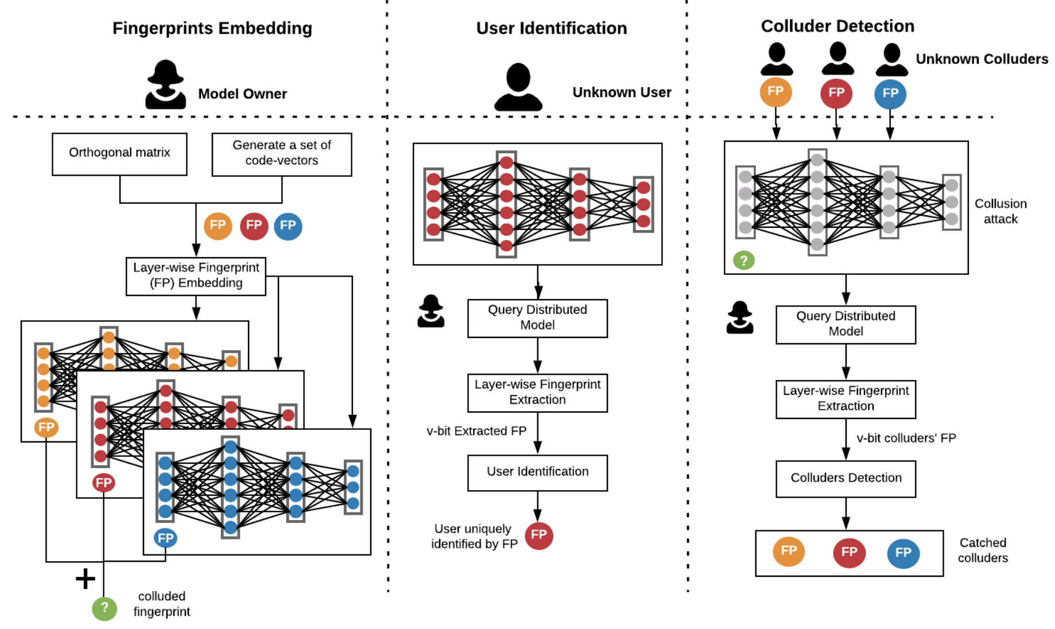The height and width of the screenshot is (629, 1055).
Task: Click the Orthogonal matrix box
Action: click(119, 154)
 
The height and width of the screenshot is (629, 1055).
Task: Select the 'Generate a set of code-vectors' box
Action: click(282, 154)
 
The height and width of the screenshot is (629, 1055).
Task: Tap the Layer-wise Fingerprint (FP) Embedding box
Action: click(196, 276)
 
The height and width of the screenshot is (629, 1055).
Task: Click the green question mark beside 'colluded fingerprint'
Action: click(104, 608)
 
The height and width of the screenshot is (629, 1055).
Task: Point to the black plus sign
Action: click(86, 578)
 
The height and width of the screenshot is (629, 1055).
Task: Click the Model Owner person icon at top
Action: click(165, 84)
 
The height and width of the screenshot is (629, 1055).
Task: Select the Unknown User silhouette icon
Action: click(518, 87)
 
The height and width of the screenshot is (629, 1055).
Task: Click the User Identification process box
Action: click(537, 472)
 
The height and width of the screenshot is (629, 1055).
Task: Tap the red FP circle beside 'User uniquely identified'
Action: click(538, 535)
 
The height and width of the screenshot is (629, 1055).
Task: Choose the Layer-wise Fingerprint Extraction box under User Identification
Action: click(537, 393)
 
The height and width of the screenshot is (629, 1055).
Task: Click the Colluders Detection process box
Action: click(845, 478)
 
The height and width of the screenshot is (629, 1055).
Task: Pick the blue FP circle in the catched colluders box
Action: click(903, 553)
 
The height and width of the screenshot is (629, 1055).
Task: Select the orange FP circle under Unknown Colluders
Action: click(775, 92)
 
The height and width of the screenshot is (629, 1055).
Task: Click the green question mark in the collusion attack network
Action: click(743, 261)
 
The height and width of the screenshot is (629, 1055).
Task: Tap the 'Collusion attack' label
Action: click(1000, 211)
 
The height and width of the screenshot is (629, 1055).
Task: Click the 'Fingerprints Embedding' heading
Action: click(212, 28)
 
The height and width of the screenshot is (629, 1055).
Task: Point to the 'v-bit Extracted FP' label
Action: click(476, 431)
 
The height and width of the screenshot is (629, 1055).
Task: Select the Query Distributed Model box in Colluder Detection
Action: click(845, 324)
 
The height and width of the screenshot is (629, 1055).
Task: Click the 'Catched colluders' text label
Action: click(982, 550)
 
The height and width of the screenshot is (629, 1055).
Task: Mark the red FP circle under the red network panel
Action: click(103, 483)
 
